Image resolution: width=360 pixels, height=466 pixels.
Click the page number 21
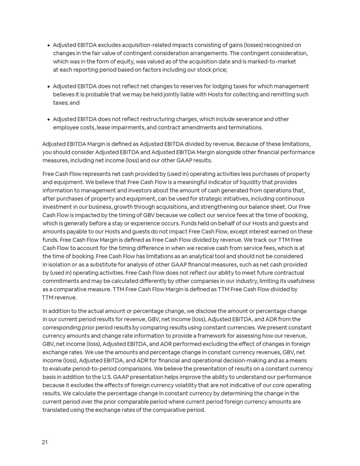coord(45,442)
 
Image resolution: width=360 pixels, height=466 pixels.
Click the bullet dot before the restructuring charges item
coord(48,120)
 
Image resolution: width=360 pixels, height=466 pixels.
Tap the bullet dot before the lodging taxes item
coord(48,87)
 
